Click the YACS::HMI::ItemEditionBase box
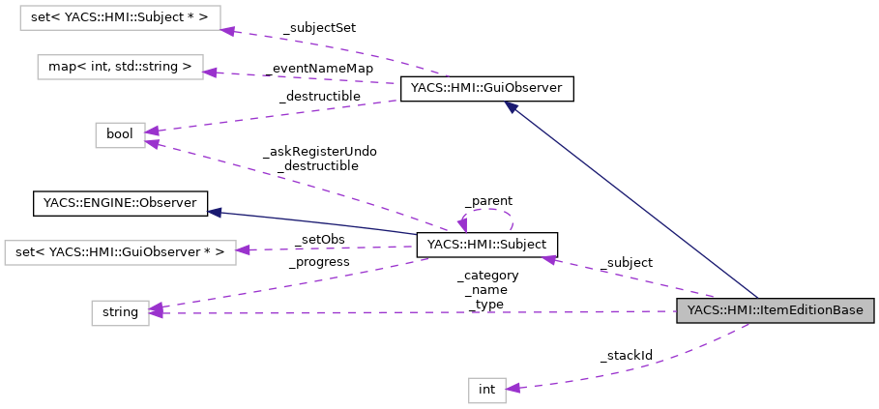pyautogui.click(x=775, y=311)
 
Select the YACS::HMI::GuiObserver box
pyautogui.click(x=487, y=90)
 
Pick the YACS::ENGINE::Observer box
pyautogui.click(x=120, y=203)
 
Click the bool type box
pyautogui.click(x=120, y=134)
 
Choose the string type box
pyautogui.click(x=120, y=312)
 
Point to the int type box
pyautogui.click(x=486, y=390)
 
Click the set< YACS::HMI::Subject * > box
pyautogui.click(x=120, y=17)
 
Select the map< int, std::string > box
pyautogui.click(x=120, y=67)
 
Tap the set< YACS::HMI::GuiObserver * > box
pyautogui.click(x=120, y=252)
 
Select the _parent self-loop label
pyautogui.click(x=487, y=201)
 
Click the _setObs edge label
pyautogui.click(x=319, y=239)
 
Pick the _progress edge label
pyautogui.click(x=319, y=261)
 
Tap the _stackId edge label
pyautogui.click(x=626, y=356)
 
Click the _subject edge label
pyautogui.click(x=626, y=262)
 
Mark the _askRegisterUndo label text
pyautogui.click(x=319, y=152)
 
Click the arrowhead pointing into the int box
pyautogui.click(x=513, y=388)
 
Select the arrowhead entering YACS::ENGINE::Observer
pyautogui.click(x=215, y=210)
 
